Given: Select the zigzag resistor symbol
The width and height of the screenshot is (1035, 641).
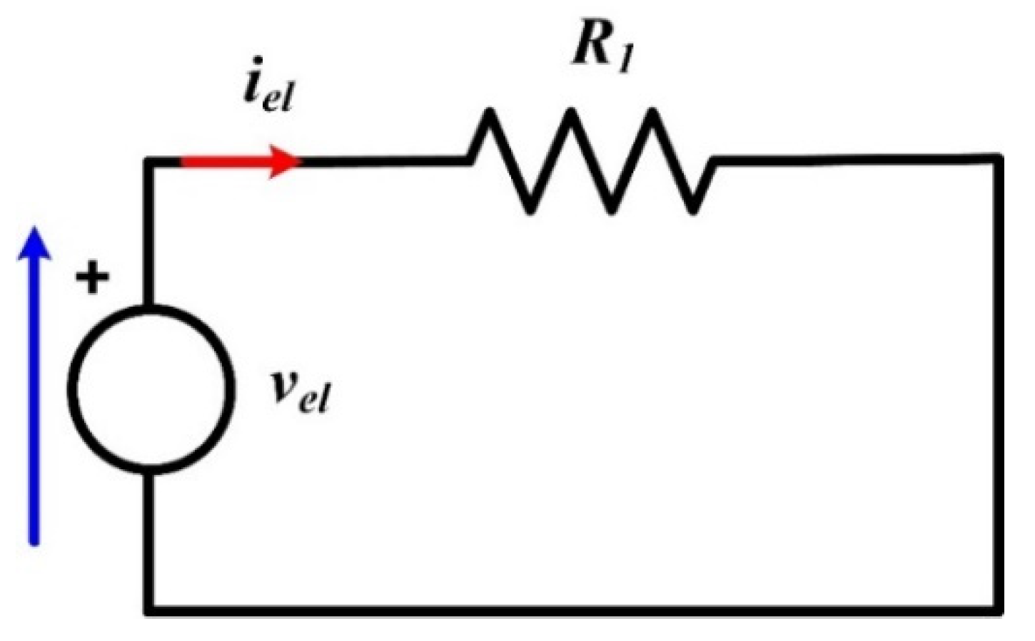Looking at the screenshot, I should click(591, 160).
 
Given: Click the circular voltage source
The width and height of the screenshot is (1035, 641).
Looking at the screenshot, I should click(151, 386).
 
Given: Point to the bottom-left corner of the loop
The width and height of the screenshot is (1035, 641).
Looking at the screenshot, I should click(151, 610).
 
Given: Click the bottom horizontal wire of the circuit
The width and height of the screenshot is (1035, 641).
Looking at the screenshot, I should click(571, 610).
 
